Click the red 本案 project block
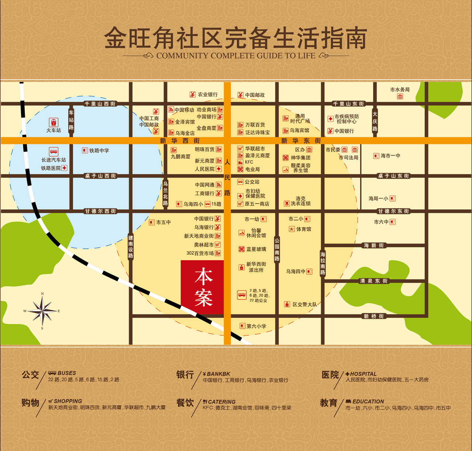click(202, 287)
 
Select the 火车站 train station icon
click(54, 123)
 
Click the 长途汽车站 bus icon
click(54, 152)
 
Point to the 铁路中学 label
click(99, 151)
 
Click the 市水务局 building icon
click(400, 96)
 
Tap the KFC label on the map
click(249, 162)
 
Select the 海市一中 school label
click(390, 156)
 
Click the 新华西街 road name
click(180, 141)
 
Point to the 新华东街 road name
click(301, 141)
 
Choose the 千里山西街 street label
click(100, 104)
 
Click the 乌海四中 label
click(295, 272)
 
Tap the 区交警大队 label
click(304, 304)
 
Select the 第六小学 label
click(256, 326)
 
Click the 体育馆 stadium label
click(303, 229)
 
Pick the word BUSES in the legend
click(67, 373)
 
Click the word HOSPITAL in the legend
click(363, 374)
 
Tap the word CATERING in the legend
click(222, 402)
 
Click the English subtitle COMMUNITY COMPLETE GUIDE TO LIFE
click(236, 56)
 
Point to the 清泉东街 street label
click(374, 281)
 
